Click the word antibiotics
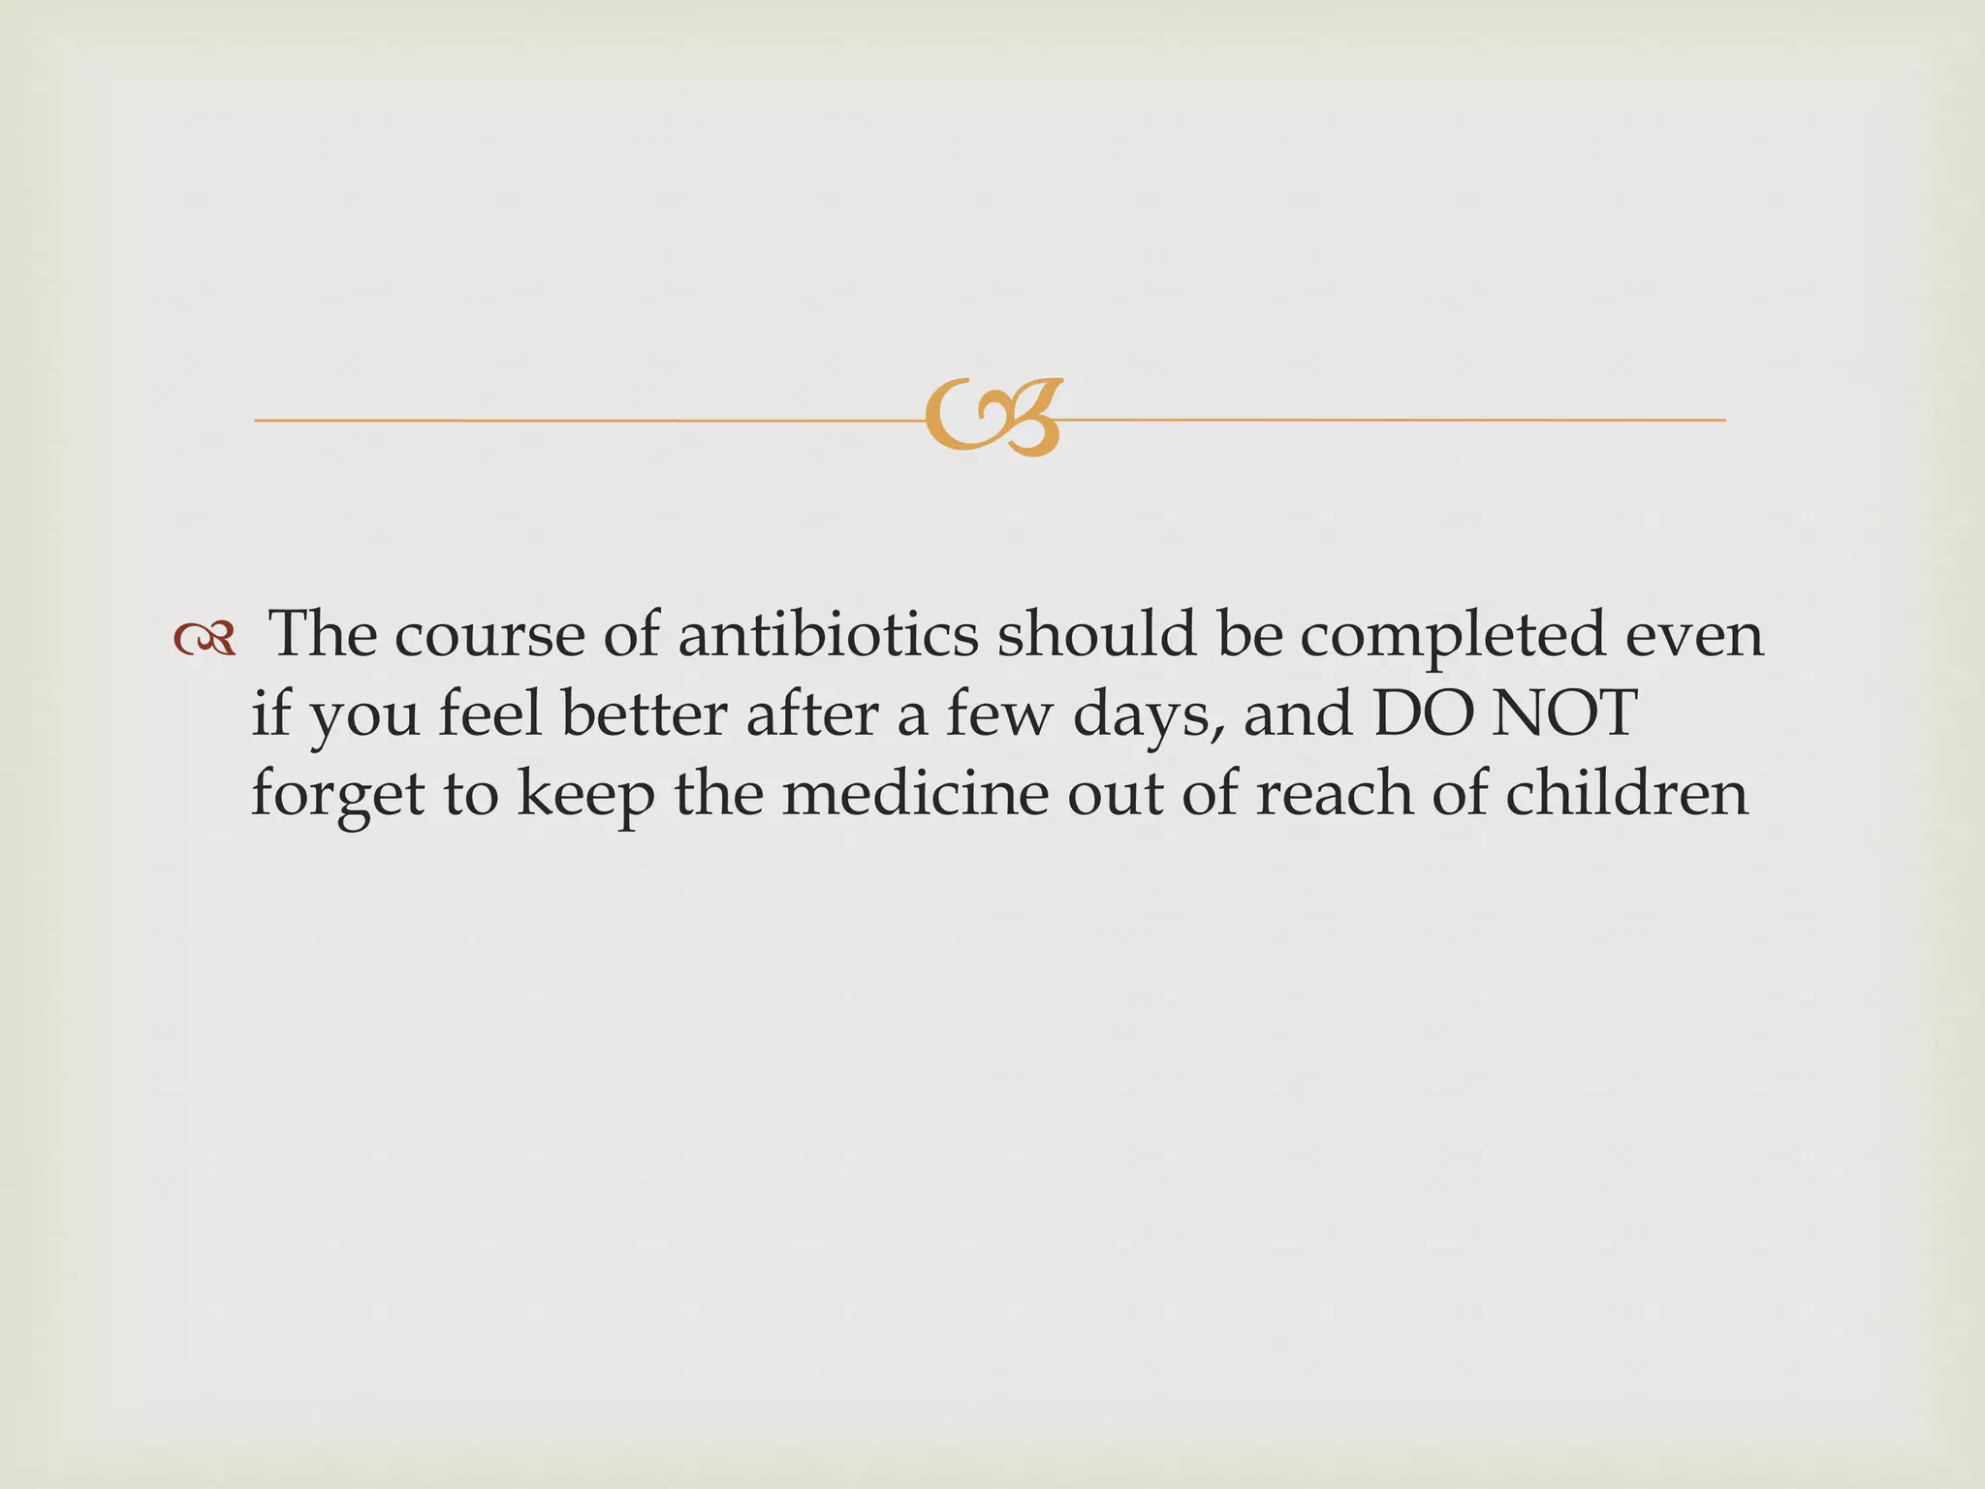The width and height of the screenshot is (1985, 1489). coord(829,634)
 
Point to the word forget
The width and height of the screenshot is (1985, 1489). coord(338,795)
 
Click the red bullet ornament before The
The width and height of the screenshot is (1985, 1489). coord(205,638)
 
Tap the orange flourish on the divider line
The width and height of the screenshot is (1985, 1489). coord(992,418)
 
